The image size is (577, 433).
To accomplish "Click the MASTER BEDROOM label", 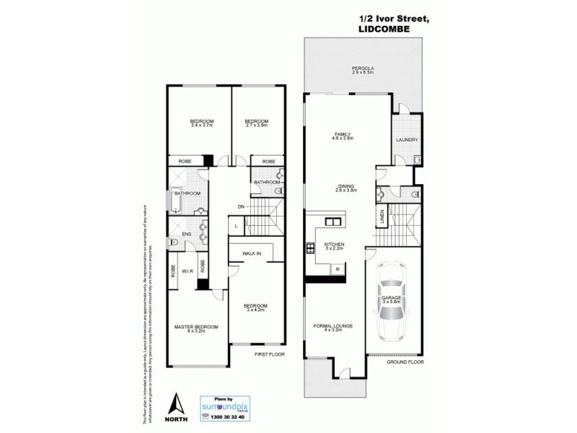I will (196, 328).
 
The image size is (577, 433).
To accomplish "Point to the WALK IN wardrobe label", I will (252, 254).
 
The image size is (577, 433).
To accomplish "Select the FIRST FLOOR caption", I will (270, 356).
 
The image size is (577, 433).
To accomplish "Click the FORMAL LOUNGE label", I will (332, 326).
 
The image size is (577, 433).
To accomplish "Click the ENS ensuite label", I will (186, 234).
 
